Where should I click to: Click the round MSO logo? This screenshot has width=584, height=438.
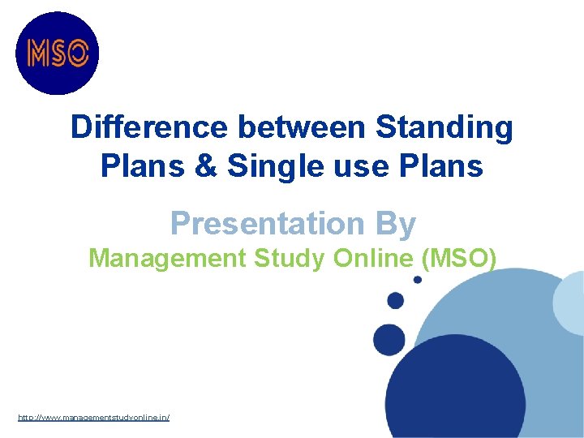[x=57, y=54]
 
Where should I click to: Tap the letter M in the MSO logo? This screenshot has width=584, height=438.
[x=38, y=54]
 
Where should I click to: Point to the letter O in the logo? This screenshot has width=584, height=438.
[x=77, y=54]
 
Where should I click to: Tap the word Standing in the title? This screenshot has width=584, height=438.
[x=444, y=129]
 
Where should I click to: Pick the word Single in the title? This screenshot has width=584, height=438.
[x=273, y=167]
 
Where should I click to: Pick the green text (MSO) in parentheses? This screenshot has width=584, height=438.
[x=461, y=259]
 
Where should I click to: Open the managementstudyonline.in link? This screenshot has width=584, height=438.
[x=94, y=417]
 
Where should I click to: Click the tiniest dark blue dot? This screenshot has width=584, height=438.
[x=418, y=280]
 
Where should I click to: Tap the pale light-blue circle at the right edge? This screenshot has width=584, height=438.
[x=570, y=303]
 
